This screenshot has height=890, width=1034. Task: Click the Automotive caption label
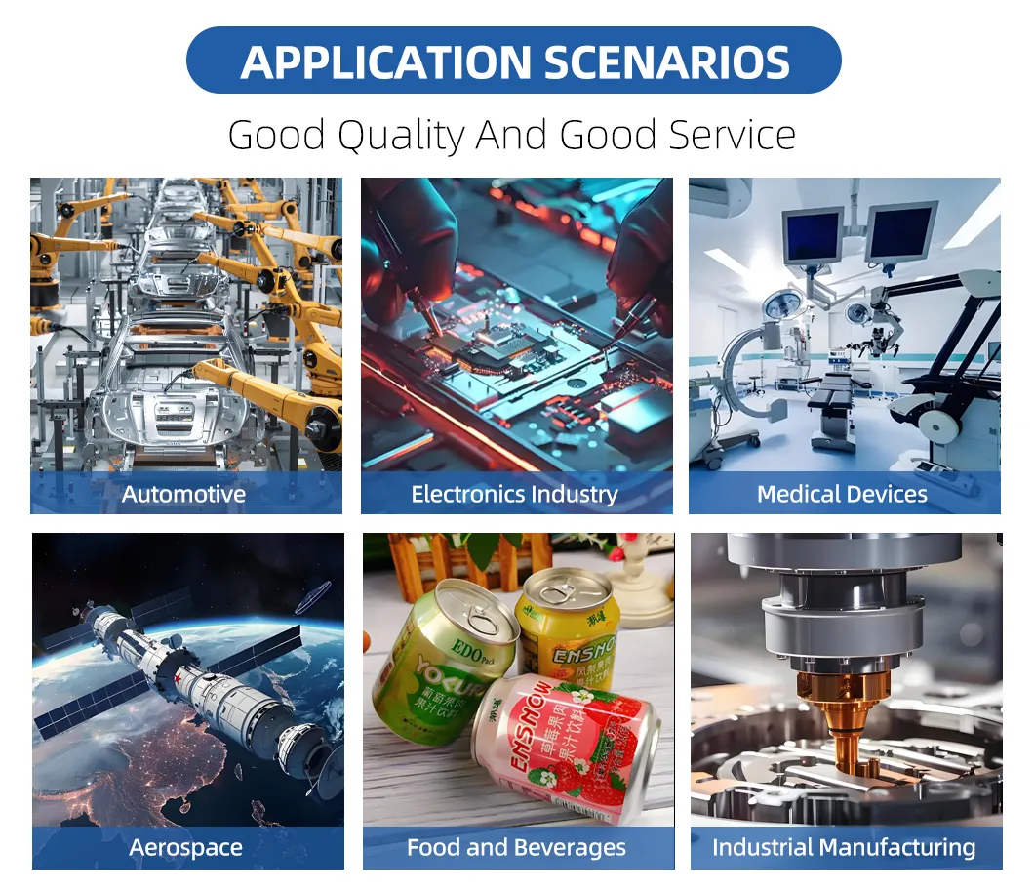[x=183, y=494]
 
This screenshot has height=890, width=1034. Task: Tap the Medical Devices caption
[x=842, y=494]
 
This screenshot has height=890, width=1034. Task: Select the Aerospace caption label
[x=185, y=847]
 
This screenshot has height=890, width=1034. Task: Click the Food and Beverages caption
[x=516, y=847]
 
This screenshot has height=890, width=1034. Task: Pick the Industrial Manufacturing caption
[x=843, y=847]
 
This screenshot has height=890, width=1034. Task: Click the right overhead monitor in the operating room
[x=900, y=231]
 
